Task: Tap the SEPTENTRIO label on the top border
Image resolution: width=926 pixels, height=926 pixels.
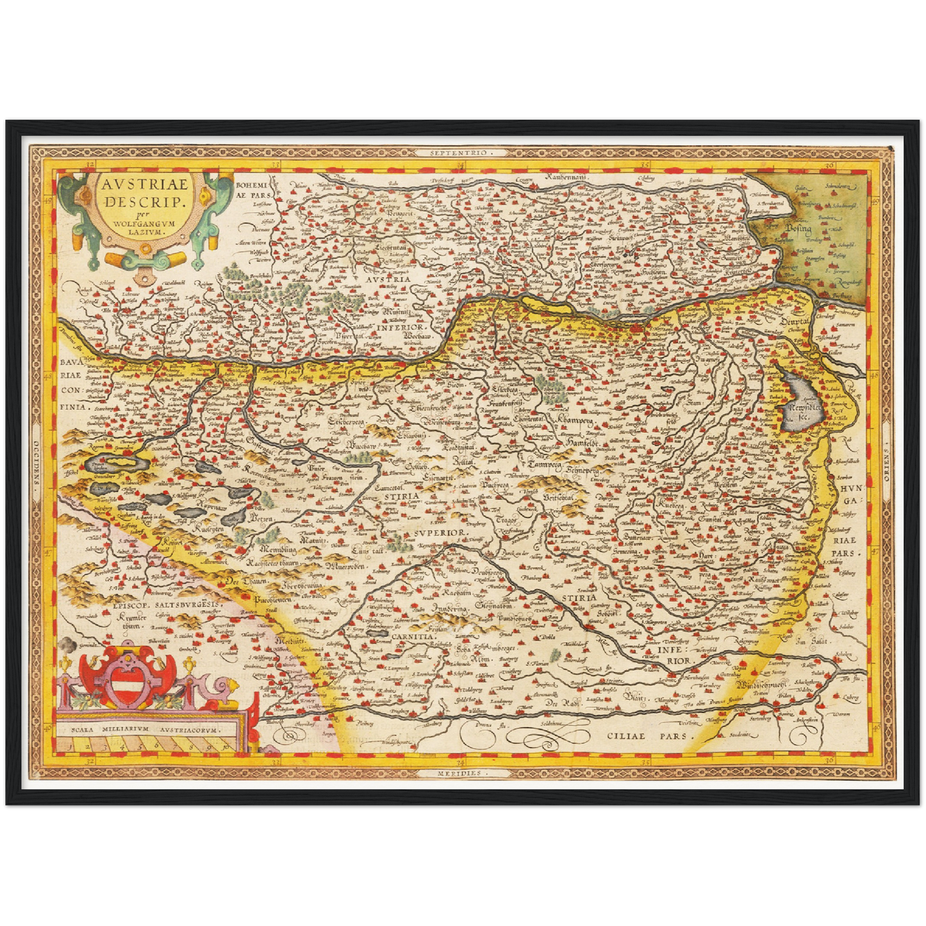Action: point(460,153)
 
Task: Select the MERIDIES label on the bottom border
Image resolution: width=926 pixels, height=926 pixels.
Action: point(459,773)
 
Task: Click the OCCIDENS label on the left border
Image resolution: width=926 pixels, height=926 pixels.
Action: point(37,461)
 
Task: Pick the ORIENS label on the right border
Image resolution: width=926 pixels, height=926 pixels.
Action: point(888,461)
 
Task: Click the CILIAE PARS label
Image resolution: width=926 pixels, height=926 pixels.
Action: point(651,736)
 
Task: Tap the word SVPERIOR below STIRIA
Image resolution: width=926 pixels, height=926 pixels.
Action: point(438,533)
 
